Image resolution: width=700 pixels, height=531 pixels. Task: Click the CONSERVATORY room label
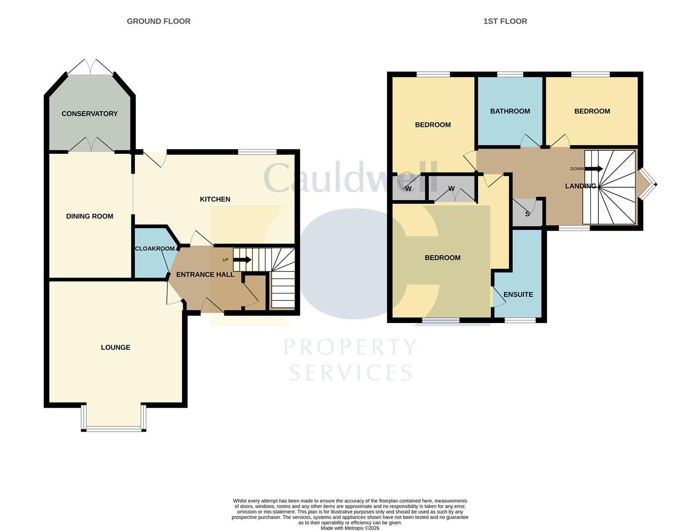90,114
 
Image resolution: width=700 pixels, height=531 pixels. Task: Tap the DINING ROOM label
90,216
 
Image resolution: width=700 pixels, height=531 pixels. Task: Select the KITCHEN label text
215,199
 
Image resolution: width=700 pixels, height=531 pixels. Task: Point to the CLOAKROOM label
155,248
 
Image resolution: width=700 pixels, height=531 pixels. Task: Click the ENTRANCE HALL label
205,274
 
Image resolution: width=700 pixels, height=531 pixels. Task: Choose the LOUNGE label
115,347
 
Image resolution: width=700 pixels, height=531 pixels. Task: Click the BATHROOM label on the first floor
510,111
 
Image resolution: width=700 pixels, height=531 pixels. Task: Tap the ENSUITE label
518,295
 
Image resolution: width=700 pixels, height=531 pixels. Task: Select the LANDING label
580,186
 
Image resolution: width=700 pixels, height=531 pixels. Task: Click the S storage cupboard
527,214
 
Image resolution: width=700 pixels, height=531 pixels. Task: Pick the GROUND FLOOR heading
159,21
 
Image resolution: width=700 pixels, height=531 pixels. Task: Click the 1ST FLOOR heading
505,21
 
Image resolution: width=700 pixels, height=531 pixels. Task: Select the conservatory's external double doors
90,67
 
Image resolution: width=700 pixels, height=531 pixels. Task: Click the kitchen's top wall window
257,152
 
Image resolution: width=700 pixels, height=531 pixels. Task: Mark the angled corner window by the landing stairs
648,184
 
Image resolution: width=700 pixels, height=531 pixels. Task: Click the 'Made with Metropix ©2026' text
350,528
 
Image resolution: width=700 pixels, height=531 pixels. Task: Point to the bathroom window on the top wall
510,75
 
